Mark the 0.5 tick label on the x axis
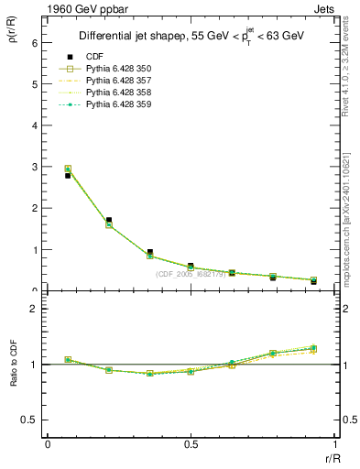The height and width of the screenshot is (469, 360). click(x=191, y=444)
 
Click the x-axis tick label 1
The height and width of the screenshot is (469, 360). click(x=333, y=444)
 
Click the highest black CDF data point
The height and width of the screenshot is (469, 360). click(x=68, y=175)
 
